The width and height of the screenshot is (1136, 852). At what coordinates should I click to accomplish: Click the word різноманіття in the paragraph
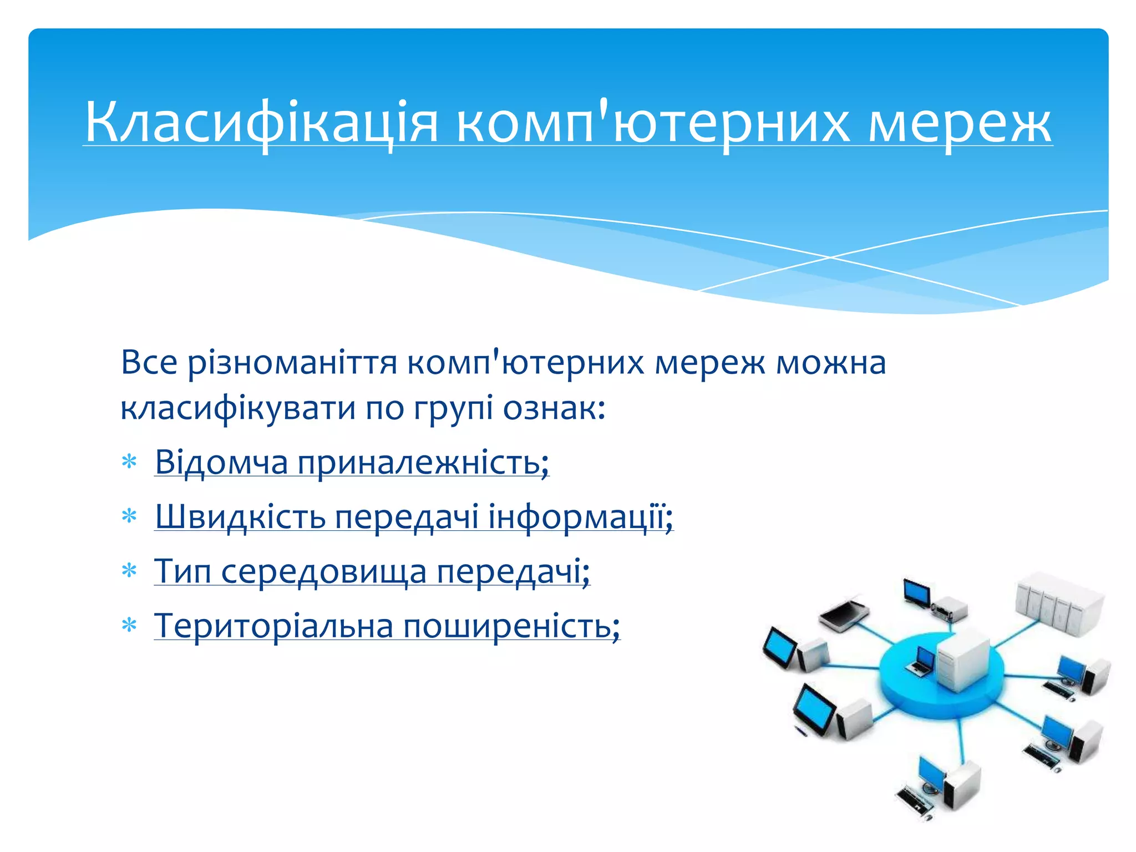tap(292, 363)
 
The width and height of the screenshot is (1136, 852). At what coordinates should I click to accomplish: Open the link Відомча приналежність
tap(352, 462)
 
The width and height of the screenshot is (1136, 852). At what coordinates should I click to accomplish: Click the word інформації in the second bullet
tap(580, 517)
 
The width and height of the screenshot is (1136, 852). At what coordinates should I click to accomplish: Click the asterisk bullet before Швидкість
tap(129, 517)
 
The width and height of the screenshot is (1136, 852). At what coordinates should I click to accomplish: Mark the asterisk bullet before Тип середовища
tap(129, 571)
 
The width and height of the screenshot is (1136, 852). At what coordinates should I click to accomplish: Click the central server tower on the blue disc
tap(962, 660)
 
